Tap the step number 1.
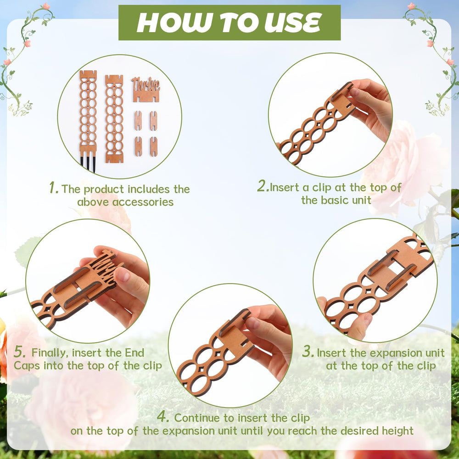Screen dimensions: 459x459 [54, 188]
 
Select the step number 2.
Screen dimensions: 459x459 [263, 186]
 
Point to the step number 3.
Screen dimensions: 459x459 [308, 351]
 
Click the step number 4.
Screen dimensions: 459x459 [163, 416]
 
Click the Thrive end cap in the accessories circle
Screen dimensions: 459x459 [146, 90]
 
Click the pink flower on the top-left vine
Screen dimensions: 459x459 [46, 6]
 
